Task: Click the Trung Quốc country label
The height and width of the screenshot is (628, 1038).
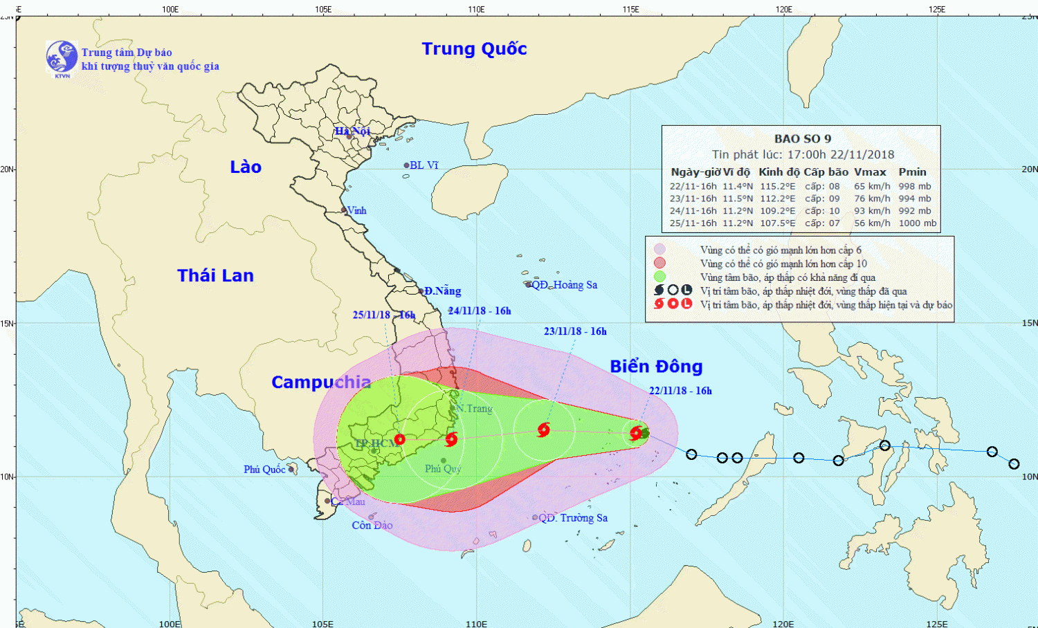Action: click(474, 49)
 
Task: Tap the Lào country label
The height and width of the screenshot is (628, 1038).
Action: click(246, 167)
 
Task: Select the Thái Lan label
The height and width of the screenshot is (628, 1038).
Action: click(215, 275)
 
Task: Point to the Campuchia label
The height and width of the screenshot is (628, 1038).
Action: click(320, 382)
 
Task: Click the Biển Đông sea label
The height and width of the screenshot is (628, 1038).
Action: click(655, 366)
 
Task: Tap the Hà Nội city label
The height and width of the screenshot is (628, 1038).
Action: click(352, 131)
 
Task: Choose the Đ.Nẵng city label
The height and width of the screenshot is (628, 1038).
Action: click(443, 291)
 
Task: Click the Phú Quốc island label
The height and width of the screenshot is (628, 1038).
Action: click(264, 470)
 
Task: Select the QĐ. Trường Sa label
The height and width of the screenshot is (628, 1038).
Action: click(573, 518)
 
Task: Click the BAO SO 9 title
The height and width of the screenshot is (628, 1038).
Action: click(803, 139)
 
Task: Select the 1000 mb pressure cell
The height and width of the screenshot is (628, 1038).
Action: click(917, 223)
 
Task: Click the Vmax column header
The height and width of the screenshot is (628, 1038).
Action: click(870, 172)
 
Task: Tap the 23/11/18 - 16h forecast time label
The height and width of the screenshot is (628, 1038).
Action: click(575, 331)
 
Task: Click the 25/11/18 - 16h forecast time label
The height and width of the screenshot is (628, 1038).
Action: click(384, 315)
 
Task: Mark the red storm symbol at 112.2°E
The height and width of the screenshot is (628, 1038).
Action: click(543, 430)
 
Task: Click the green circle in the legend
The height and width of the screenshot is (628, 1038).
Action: click(659, 277)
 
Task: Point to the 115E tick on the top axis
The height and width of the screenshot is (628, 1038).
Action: click(630, 9)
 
